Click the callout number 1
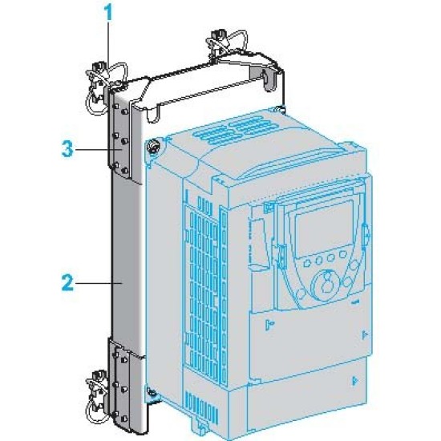(108, 13)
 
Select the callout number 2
(67, 283)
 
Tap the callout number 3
(67, 149)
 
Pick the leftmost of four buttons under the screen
(307, 263)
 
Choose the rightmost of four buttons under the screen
(342, 254)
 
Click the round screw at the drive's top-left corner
(153, 147)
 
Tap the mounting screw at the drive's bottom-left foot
(152, 392)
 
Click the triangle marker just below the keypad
(269, 324)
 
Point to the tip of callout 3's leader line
(122, 150)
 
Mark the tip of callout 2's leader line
(122, 283)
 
